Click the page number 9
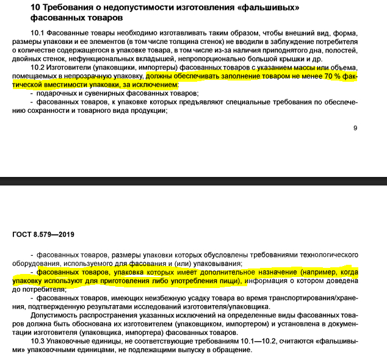pyautogui.click(x=355, y=128)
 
